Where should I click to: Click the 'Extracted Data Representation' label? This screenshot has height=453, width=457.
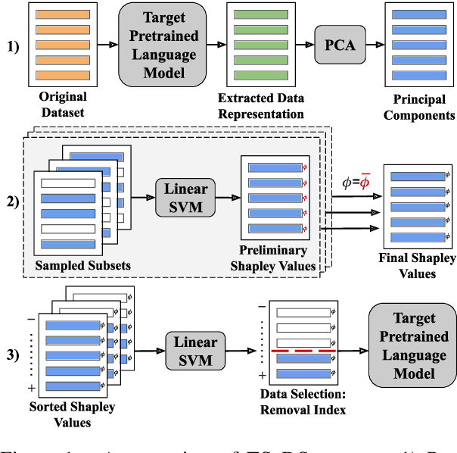click(x=260, y=106)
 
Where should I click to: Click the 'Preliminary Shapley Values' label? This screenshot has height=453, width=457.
click(x=272, y=258)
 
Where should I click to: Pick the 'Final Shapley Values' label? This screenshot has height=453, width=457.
click(x=418, y=266)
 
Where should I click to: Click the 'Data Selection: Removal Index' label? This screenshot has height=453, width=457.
click(x=303, y=402)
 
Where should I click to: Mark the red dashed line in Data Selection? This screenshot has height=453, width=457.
click(x=302, y=351)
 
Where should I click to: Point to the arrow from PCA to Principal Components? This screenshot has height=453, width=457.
click(x=372, y=45)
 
